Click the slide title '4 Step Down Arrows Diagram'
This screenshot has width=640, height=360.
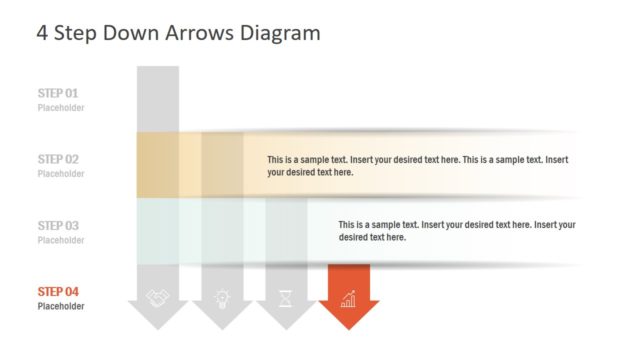point(178,33)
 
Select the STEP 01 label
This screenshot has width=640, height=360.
point(58,93)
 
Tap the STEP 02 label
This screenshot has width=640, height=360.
point(58,159)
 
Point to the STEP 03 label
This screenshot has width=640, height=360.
point(58,226)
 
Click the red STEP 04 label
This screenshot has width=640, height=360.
point(58,292)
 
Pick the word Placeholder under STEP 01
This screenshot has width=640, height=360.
point(61,107)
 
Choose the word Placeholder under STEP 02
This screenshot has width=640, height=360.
point(61,174)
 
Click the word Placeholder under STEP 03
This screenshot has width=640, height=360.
point(61,240)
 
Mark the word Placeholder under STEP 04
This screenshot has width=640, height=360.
point(61,306)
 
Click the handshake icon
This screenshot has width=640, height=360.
point(157,298)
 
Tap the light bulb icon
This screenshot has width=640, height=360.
point(221,298)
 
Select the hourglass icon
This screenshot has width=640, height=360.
point(285,298)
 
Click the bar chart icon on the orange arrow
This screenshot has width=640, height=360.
point(348,298)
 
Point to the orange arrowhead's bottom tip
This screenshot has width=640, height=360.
point(348,328)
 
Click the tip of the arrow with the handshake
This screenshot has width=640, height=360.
point(157,328)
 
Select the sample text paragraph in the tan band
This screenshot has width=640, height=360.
point(418,166)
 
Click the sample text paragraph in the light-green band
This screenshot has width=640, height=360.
point(456,231)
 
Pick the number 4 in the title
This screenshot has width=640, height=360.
point(42,33)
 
